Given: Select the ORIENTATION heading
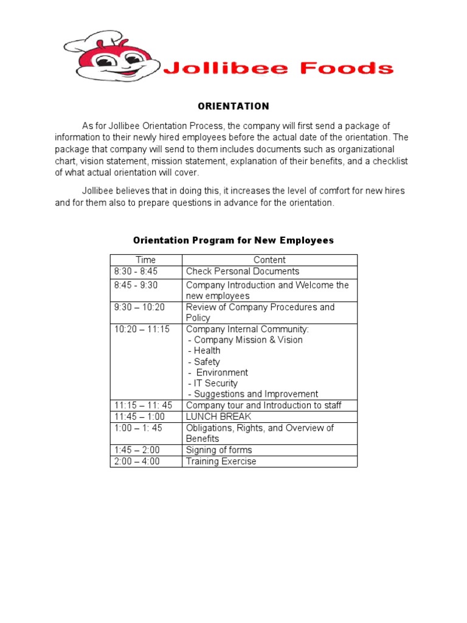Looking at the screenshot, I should point(233,106).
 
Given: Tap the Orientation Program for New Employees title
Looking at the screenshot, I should point(233,240).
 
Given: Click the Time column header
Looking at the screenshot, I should point(145,260).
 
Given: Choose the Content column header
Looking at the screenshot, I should point(269,260).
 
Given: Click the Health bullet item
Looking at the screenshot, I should point(204,351).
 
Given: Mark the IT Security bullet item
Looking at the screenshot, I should point(213,383).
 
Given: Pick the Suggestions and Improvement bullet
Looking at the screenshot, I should point(253,394).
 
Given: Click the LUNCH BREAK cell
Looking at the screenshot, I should point(218,417).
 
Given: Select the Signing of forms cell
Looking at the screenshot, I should point(219,450).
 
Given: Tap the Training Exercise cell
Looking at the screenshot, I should point(221,461).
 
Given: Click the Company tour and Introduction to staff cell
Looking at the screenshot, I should point(263,405).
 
